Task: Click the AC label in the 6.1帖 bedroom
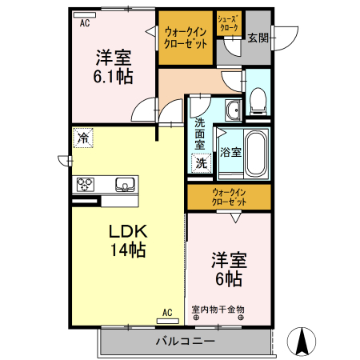click(x=84, y=24)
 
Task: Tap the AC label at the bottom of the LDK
click(x=167, y=312)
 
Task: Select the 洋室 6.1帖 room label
click(x=114, y=67)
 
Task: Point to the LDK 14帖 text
click(x=127, y=239)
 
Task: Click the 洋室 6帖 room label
click(x=228, y=270)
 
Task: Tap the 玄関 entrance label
click(x=258, y=37)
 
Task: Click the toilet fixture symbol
click(x=258, y=98)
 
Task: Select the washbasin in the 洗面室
click(x=232, y=110)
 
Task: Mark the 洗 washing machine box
click(x=202, y=162)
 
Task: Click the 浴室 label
click(x=230, y=152)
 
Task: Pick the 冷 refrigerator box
click(x=82, y=138)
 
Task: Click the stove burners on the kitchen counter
click(x=86, y=185)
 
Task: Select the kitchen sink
click(x=125, y=185)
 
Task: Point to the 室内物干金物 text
click(x=218, y=309)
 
